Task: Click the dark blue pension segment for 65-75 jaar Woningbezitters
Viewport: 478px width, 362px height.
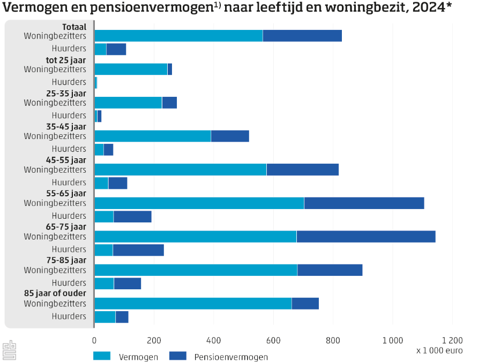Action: pyautogui.click(x=366, y=236)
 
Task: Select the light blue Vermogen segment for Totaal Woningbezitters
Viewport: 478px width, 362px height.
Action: pyautogui.click(x=178, y=36)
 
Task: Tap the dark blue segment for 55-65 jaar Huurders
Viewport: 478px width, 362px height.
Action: pyautogui.click(x=132, y=216)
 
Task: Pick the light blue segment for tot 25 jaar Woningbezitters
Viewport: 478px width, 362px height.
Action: pyautogui.click(x=131, y=69)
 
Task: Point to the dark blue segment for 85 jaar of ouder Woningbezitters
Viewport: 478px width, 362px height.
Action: pyautogui.click(x=305, y=303)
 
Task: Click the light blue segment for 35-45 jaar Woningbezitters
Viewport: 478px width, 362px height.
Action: pyautogui.click(x=153, y=136)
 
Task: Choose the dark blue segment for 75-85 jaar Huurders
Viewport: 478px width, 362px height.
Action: pyautogui.click(x=128, y=283)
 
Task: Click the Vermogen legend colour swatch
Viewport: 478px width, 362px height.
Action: pyautogui.click(x=102, y=356)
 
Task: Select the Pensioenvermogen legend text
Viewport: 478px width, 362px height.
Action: pyautogui.click(x=231, y=357)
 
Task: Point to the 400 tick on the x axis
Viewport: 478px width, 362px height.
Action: pyautogui.click(x=214, y=340)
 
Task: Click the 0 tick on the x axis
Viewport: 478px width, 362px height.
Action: pyautogui.click(x=94, y=340)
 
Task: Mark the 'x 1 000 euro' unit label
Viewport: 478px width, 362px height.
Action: pyautogui.click(x=439, y=351)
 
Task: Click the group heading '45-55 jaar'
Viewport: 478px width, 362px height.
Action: pyautogui.click(x=66, y=160)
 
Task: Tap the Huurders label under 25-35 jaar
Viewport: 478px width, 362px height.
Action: pyautogui.click(x=69, y=115)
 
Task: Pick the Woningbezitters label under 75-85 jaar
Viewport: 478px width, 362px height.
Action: pyautogui.click(x=55, y=270)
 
